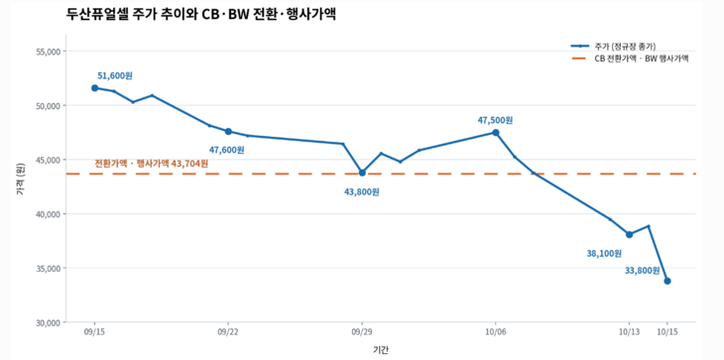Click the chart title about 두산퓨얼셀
point(201,14)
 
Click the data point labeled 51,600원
point(94,87)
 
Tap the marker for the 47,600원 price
point(228,132)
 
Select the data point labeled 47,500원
point(496,133)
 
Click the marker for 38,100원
point(629,234)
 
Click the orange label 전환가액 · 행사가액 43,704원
point(152,164)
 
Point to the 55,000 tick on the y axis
point(48,52)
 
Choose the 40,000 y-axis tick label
point(48,214)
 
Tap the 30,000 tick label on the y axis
point(48,322)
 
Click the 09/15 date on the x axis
point(94,331)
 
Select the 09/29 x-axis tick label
point(362,331)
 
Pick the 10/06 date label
point(496,331)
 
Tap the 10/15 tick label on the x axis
point(666,331)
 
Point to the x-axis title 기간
point(381,350)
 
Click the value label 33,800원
point(643,271)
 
